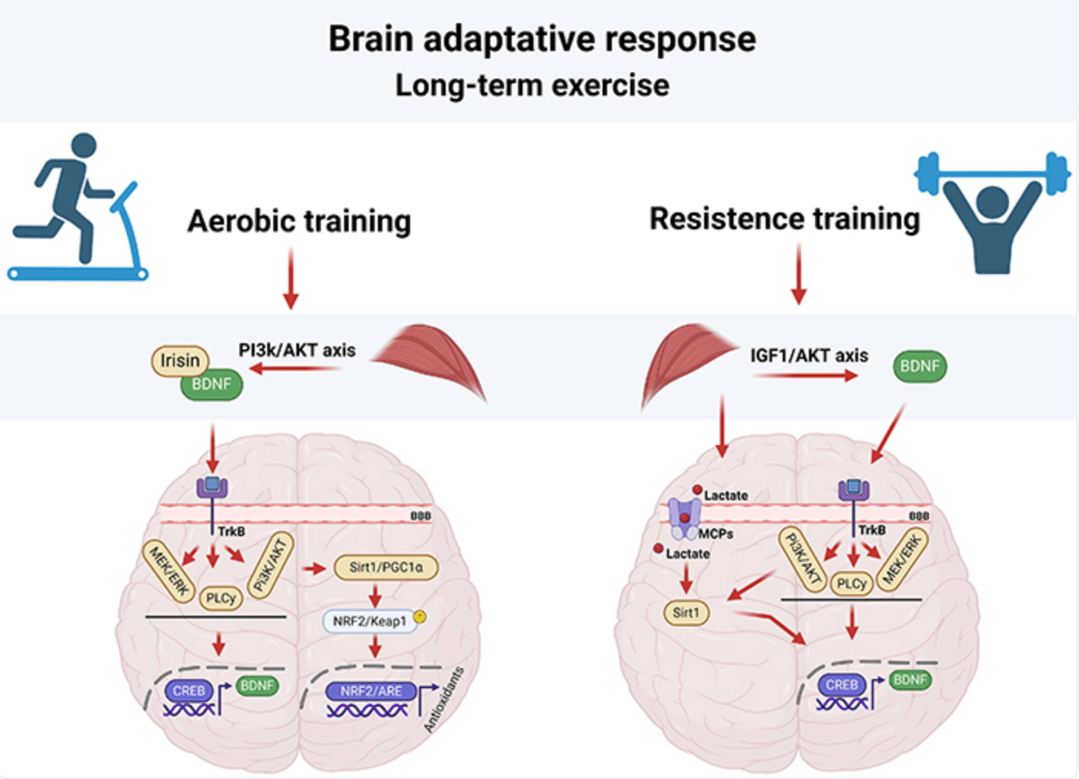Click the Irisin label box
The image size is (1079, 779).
180,360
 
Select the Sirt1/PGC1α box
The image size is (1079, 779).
386,567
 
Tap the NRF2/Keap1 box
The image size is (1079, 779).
369,621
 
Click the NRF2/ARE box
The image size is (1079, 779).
371,691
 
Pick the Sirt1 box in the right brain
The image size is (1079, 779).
686,613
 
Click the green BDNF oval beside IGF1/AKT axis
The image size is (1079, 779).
920,366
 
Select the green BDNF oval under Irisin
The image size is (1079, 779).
212,384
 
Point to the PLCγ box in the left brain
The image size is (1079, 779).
221,598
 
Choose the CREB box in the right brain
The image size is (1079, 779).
841,684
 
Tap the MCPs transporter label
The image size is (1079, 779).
716,533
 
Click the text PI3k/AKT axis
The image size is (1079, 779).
297,350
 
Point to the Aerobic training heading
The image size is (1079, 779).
299,221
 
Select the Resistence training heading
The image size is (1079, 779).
785,219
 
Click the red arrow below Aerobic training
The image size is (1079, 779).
291,278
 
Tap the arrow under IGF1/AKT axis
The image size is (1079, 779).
805,376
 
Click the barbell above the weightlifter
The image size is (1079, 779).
992,173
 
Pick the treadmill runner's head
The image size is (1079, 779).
85,145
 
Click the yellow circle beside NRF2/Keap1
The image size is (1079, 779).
420,617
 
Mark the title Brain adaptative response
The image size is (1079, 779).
542,38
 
